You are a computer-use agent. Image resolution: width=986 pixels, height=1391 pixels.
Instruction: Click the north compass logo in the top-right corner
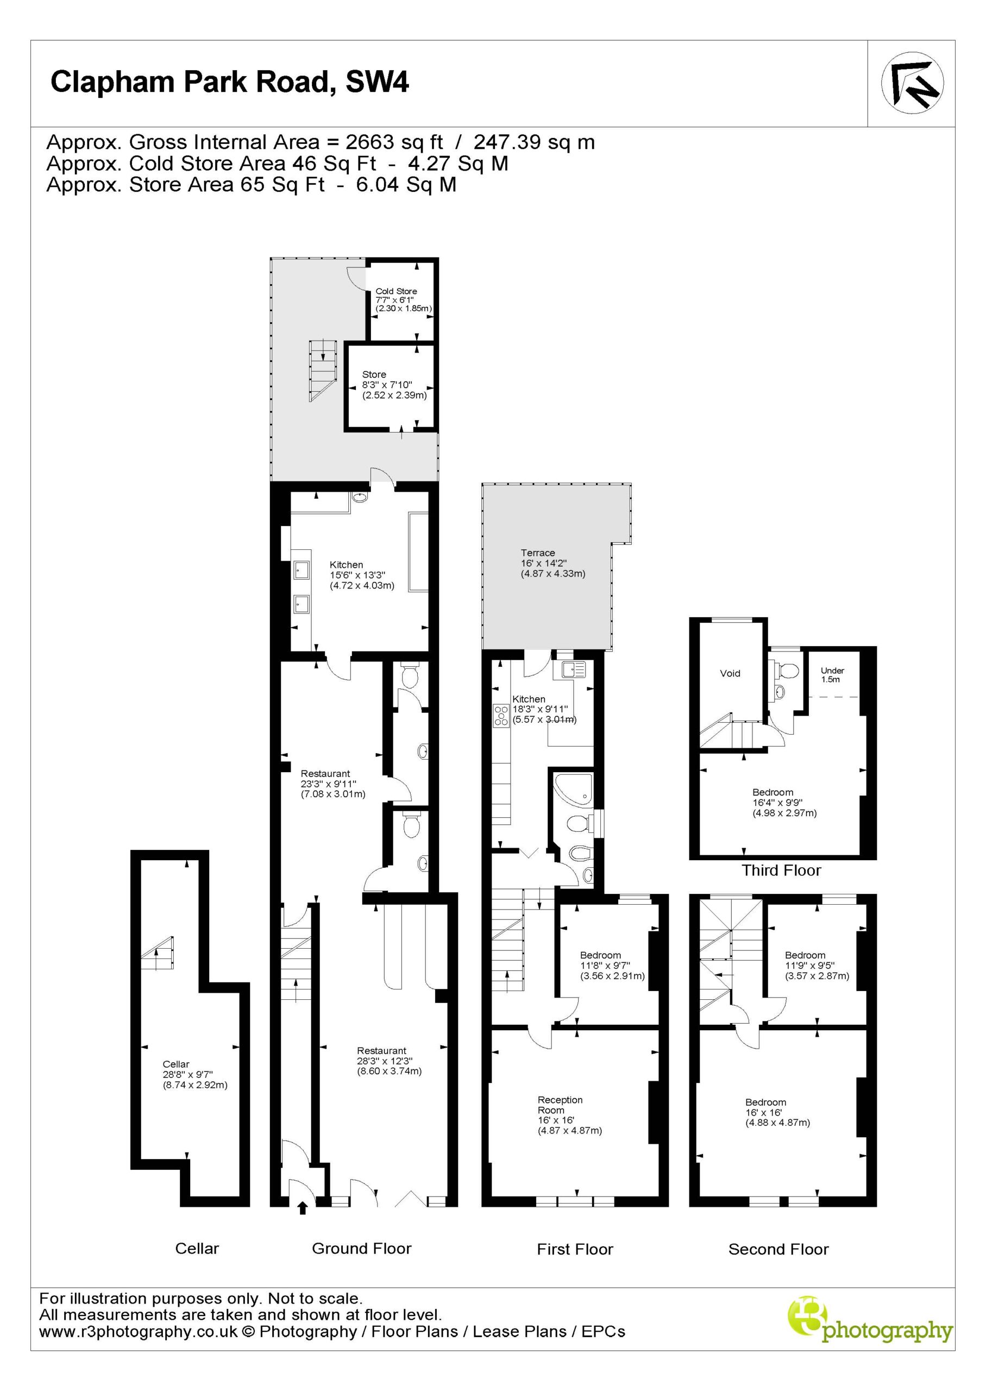pyautogui.click(x=913, y=83)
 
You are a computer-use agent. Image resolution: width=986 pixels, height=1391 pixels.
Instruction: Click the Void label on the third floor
pyautogui.click(x=730, y=673)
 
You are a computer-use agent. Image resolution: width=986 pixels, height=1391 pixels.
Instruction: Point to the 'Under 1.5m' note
pyautogui.click(x=832, y=674)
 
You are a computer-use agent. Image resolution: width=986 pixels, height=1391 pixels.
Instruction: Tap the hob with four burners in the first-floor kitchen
pyautogui.click(x=501, y=716)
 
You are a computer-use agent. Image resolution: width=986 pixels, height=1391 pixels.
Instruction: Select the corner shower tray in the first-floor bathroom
pyautogui.click(x=573, y=790)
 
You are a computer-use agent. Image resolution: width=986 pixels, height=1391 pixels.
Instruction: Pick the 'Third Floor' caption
pyautogui.click(x=781, y=870)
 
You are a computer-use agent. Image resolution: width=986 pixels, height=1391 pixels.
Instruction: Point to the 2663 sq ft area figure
pyautogui.click(x=394, y=142)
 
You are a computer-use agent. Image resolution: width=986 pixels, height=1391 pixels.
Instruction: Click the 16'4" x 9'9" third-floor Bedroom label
pyautogui.click(x=784, y=802)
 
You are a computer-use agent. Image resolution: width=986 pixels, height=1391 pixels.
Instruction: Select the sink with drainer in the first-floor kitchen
pyautogui.click(x=573, y=670)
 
